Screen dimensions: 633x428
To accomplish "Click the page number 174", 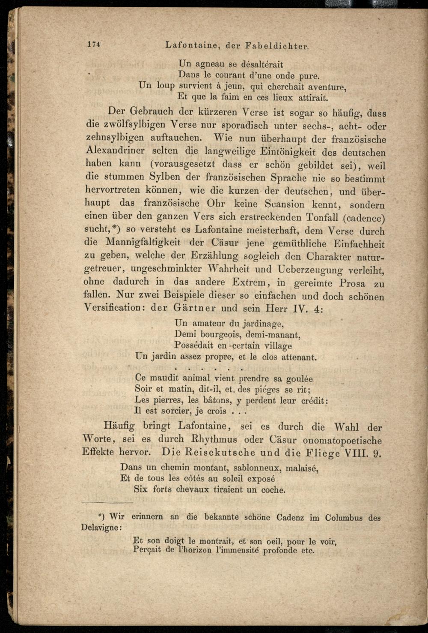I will [93, 44].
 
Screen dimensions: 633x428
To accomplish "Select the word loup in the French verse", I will [166, 86].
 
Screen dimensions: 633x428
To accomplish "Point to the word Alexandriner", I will [115, 150].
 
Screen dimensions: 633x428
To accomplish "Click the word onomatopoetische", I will [342, 441].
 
